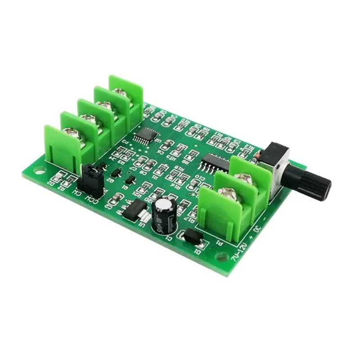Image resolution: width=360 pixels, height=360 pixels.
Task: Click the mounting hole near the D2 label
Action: point(39,171)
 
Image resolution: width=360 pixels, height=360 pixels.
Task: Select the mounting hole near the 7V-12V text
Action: point(221,257)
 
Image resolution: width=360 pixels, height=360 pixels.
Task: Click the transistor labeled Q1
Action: point(130,180)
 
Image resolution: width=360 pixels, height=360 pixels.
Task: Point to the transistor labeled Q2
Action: point(116,172)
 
